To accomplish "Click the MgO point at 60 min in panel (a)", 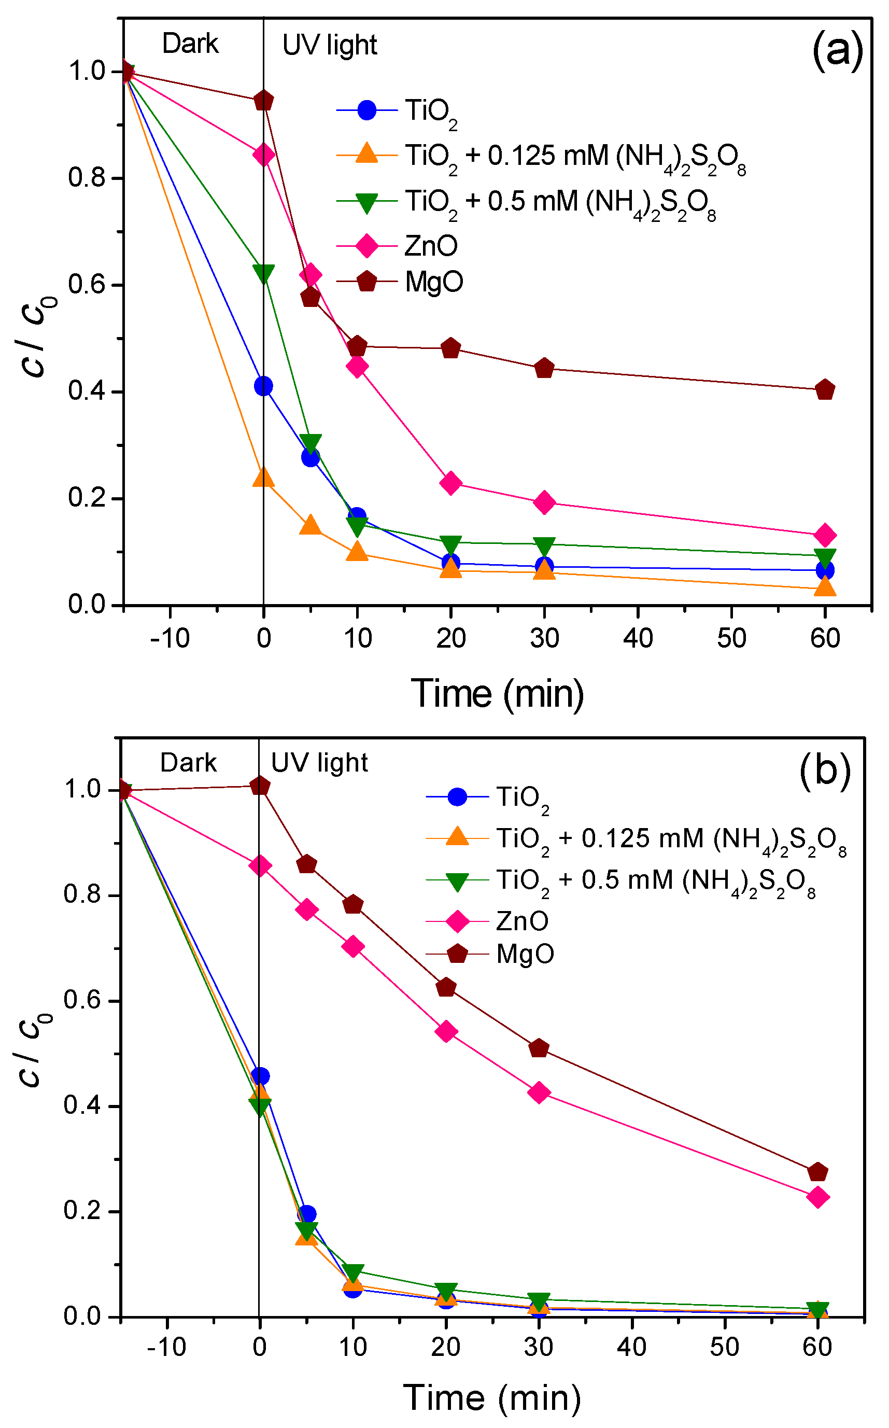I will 824,389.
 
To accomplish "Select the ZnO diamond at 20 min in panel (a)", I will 450,483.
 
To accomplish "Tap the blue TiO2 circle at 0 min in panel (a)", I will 263,386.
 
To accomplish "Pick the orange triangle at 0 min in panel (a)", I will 263,478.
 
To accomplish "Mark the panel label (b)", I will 824,769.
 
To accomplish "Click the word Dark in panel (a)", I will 190,44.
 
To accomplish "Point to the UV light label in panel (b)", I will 319,763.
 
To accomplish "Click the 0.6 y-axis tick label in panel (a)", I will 87,285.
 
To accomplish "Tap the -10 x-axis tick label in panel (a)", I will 170,638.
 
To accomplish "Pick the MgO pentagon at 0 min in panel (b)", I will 259,786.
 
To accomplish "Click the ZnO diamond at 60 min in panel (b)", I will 817,1197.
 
